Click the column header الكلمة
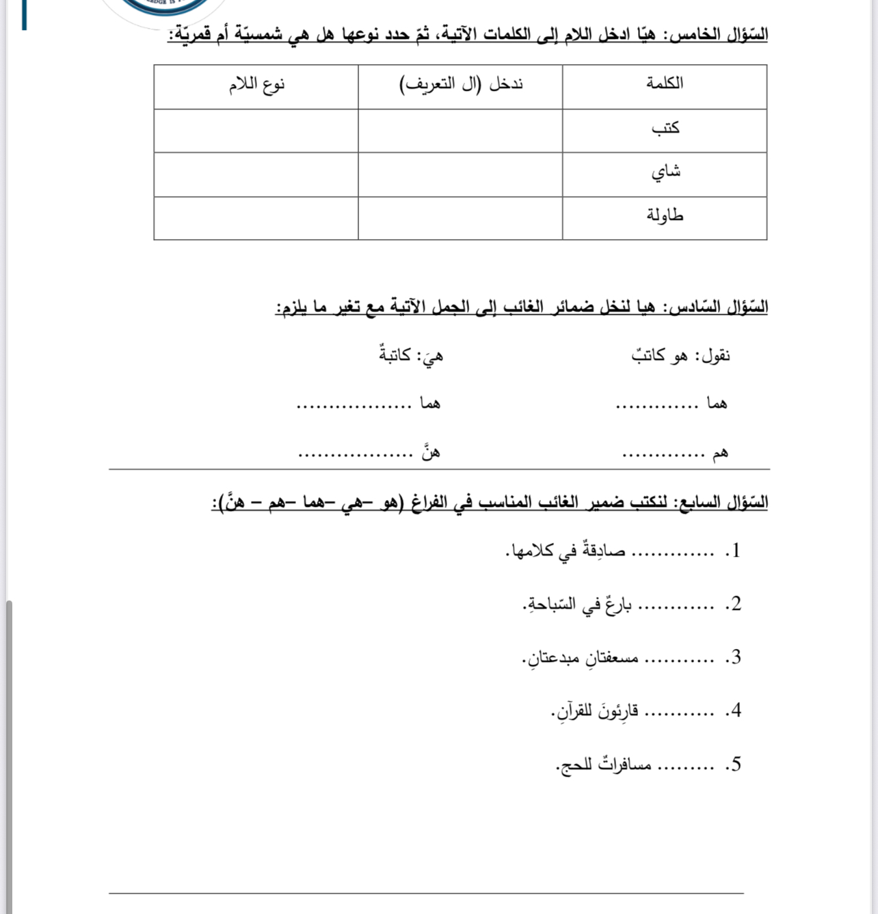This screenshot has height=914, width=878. click(x=665, y=83)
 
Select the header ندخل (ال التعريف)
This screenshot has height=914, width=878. click(x=461, y=85)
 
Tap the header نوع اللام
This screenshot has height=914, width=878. click(x=256, y=85)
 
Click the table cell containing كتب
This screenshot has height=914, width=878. click(x=665, y=128)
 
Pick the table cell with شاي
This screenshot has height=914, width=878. click(x=665, y=172)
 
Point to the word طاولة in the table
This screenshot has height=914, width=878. click(x=665, y=216)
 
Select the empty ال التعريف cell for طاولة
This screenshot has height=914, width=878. click(x=460, y=219)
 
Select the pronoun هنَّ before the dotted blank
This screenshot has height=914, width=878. click(x=430, y=452)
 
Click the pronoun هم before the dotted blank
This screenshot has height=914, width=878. click(x=719, y=453)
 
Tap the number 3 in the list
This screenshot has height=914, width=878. click(x=736, y=657)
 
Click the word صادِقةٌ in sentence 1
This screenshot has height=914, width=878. click(x=604, y=551)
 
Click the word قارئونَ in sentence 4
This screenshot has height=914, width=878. click(x=617, y=711)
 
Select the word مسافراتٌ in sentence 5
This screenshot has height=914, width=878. click(x=625, y=764)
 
